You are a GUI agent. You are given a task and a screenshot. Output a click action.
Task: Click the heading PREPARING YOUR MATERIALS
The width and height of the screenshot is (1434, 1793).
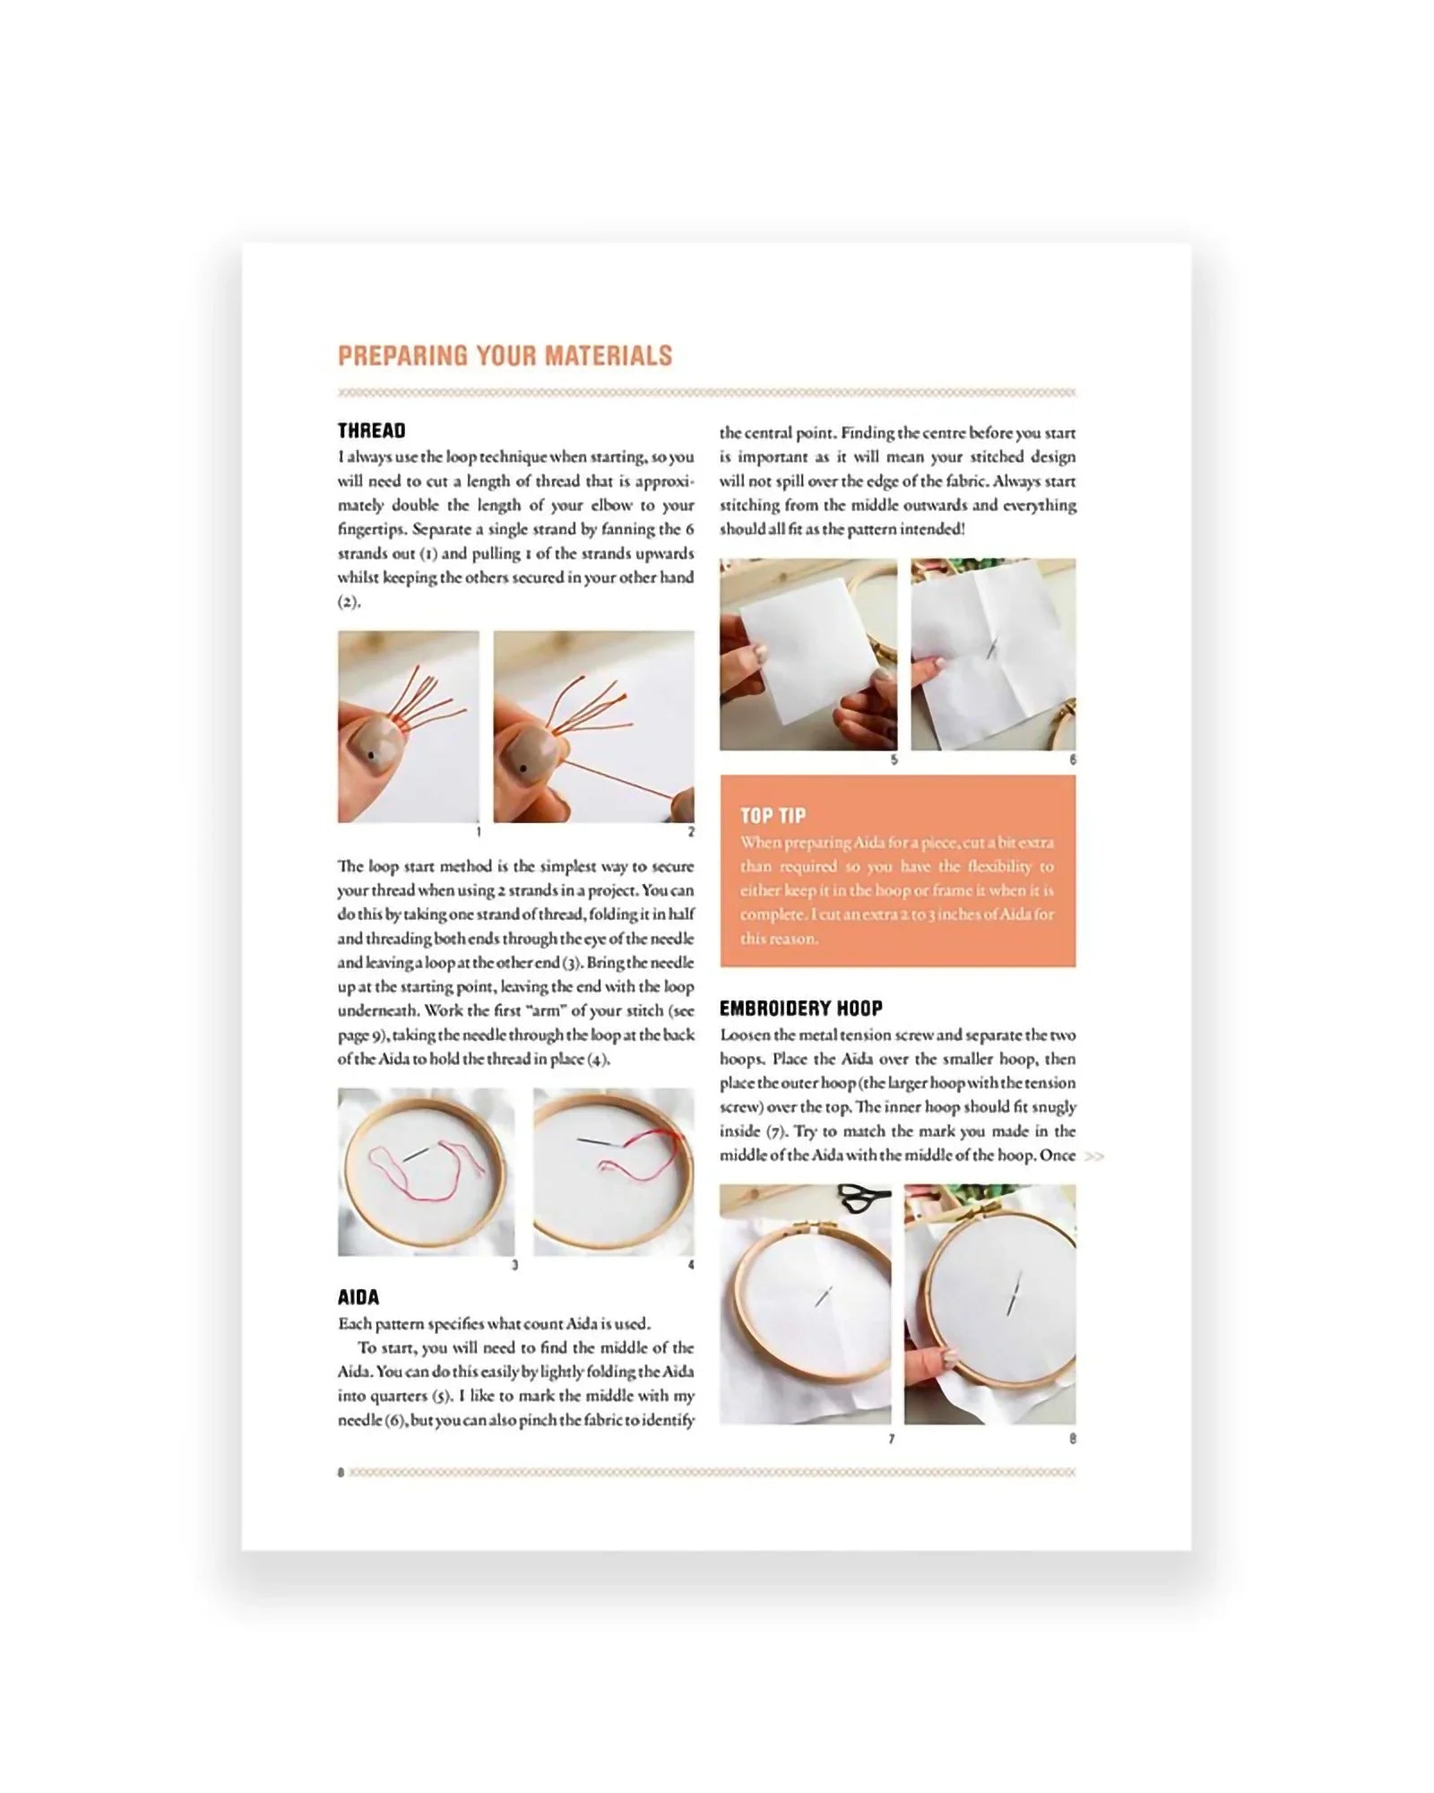pyautogui.click(x=505, y=356)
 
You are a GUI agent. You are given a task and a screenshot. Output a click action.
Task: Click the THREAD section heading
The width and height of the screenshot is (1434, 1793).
pyautogui.click(x=371, y=431)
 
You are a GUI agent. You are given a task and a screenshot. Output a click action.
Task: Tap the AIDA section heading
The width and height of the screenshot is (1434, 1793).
pyautogui.click(x=358, y=1297)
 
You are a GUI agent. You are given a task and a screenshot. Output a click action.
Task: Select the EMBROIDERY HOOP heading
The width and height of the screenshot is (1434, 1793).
pyautogui.click(x=801, y=1009)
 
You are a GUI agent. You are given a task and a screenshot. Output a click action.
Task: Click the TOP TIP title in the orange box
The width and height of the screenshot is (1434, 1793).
pyautogui.click(x=773, y=816)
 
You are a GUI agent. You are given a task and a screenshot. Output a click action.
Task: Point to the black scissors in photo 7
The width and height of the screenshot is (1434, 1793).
pyautogui.click(x=864, y=1193)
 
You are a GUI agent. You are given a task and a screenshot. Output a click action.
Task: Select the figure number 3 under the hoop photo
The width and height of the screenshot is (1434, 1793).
pyautogui.click(x=514, y=1265)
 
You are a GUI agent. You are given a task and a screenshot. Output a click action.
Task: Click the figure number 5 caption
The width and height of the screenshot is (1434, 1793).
pyautogui.click(x=894, y=760)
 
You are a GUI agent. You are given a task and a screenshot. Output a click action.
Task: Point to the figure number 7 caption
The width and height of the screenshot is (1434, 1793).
pyautogui.click(x=892, y=1439)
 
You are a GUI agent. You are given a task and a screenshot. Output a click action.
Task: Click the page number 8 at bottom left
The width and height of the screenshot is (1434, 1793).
pyautogui.click(x=341, y=1472)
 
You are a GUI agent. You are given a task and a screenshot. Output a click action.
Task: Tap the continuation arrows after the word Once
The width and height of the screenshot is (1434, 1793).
pyautogui.click(x=1093, y=1156)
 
